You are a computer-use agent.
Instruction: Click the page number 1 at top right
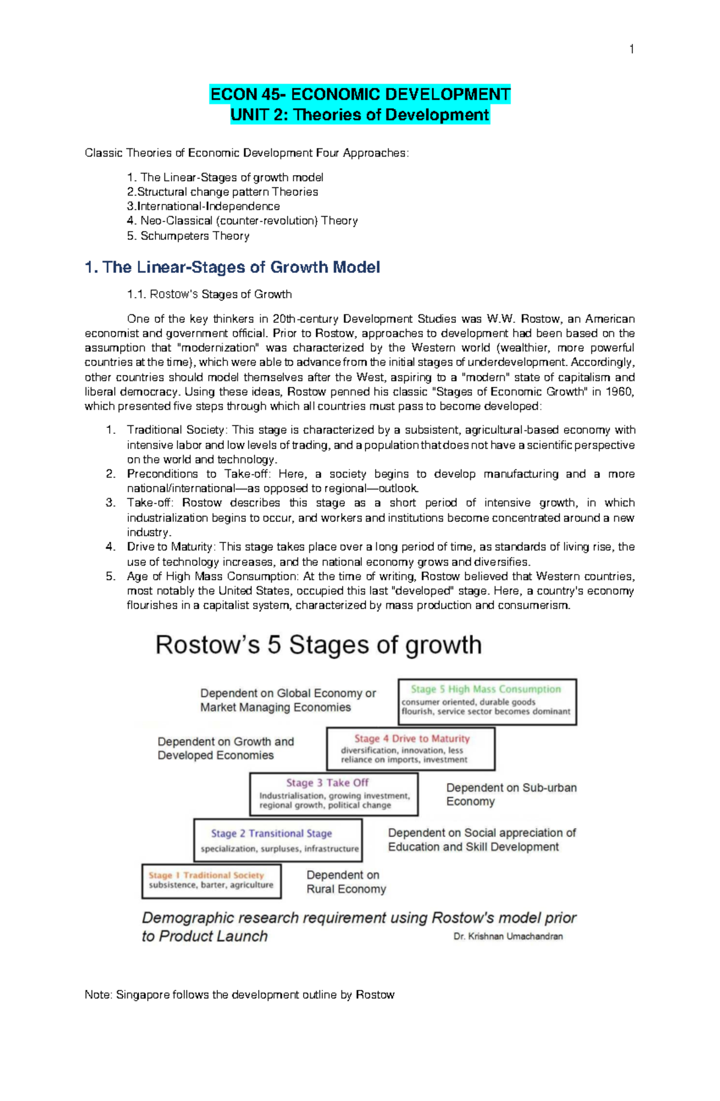click(631, 49)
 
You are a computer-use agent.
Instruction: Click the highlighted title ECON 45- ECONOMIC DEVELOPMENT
click(360, 94)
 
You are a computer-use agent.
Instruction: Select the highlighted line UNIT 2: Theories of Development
click(360, 115)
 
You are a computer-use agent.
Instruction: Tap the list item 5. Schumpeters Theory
click(188, 236)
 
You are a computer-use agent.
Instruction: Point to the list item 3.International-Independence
click(203, 206)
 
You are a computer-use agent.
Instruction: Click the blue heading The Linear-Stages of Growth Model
click(233, 267)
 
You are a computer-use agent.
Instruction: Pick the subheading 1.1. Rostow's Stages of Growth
click(209, 295)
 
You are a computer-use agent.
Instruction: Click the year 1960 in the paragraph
click(618, 392)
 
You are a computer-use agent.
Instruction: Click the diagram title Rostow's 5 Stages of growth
click(319, 645)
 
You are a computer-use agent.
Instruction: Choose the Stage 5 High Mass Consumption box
click(487, 701)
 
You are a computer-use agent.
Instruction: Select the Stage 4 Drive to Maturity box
click(411, 748)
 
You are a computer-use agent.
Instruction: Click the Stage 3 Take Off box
click(334, 794)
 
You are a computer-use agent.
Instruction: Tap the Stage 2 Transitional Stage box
click(278, 840)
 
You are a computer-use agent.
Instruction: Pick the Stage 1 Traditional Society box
click(211, 880)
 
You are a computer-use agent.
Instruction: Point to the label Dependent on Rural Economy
click(346, 882)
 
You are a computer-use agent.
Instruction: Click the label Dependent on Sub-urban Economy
click(511, 794)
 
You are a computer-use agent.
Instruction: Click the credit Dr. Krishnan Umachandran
click(508, 936)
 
